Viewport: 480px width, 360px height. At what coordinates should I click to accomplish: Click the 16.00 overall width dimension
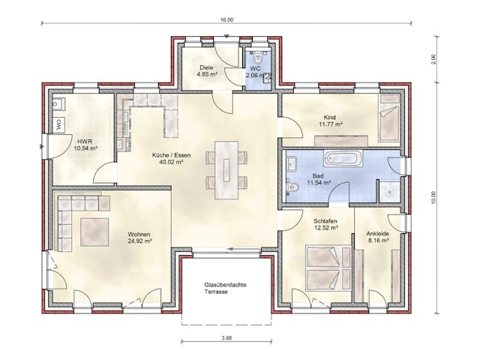click(x=227, y=19)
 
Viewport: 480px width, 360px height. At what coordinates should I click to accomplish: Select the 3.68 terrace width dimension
click(x=226, y=338)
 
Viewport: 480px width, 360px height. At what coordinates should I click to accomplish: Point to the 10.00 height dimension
click(x=433, y=196)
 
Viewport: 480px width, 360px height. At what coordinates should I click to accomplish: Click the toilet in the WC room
click(x=257, y=56)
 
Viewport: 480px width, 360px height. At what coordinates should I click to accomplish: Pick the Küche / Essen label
click(x=172, y=156)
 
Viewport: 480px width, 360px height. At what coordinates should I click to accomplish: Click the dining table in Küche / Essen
click(x=226, y=169)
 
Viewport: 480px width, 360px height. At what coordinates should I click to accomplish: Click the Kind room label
click(x=329, y=118)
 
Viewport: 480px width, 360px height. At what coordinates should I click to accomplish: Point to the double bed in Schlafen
click(x=325, y=268)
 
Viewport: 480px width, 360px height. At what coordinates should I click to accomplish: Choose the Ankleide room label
click(x=378, y=232)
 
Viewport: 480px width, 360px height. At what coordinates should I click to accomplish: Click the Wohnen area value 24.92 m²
click(x=139, y=241)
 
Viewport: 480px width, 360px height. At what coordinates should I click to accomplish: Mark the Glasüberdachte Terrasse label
click(x=226, y=289)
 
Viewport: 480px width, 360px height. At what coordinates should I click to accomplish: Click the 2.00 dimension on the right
click(x=433, y=60)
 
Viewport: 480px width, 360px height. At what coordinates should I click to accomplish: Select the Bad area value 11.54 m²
click(x=322, y=182)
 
